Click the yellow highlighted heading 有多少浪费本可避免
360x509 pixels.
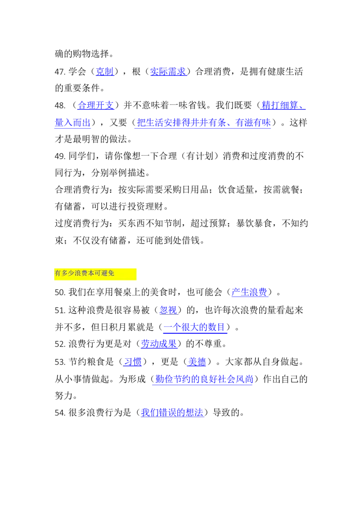pyautogui.click(x=85, y=273)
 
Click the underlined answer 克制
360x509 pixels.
pyautogui.click(x=105, y=71)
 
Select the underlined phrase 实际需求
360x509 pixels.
pyautogui.click(x=168, y=71)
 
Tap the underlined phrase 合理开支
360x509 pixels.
pyautogui.click(x=96, y=105)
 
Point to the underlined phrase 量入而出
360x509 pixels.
pyautogui.click(x=72, y=122)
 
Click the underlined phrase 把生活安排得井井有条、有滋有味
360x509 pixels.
pyautogui.click(x=204, y=122)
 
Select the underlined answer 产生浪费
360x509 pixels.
pyautogui.click(x=250, y=292)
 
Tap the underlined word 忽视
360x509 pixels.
pyautogui.click(x=168, y=310)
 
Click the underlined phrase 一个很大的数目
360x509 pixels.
pyautogui.click(x=194, y=327)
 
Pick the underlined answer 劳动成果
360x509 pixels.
pyautogui.click(x=159, y=344)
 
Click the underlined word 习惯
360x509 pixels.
pyautogui.click(x=133, y=362)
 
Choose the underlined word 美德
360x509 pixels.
pyautogui.click(x=197, y=362)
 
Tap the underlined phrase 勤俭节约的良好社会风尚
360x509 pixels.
pyautogui.click(x=204, y=379)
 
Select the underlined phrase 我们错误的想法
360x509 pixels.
pyautogui.click(x=172, y=413)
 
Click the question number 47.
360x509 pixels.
pyautogui.click(x=60, y=72)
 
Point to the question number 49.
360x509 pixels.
pyautogui.click(x=60, y=156)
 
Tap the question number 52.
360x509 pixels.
pyautogui.click(x=60, y=344)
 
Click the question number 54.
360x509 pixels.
pyautogui.click(x=60, y=413)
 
